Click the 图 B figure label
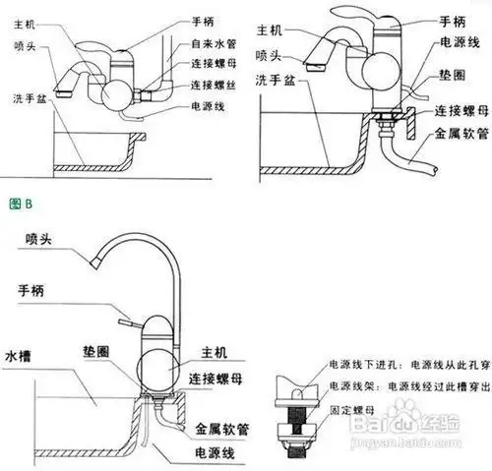tap(21, 205)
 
